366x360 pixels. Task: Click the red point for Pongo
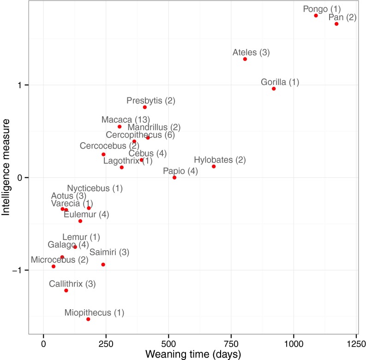[316, 16]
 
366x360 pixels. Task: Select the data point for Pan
[336, 24]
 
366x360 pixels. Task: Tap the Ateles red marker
[245, 59]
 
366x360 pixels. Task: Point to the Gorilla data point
[274, 89]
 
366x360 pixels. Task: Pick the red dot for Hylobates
[214, 166]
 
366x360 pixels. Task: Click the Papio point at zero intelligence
[174, 178]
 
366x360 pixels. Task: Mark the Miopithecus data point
[88, 319]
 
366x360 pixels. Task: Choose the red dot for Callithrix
[66, 290]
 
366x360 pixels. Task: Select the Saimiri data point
[103, 264]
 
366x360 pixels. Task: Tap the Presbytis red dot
[145, 107]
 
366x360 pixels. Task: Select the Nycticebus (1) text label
[95, 188]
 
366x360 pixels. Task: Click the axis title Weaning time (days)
[193, 354]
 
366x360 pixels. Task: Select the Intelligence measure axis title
[6, 167]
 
